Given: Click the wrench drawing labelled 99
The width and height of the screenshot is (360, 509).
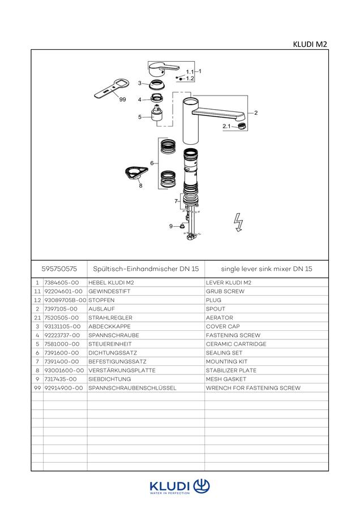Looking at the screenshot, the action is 112,89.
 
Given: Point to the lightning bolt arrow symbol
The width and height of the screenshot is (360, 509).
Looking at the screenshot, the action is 238,222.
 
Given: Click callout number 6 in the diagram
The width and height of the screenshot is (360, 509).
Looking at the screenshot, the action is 152,163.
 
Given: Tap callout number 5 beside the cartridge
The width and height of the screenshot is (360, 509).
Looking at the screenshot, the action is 140,117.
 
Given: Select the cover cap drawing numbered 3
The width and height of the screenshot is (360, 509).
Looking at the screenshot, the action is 156,85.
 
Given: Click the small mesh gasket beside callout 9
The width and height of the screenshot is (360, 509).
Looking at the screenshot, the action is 182,225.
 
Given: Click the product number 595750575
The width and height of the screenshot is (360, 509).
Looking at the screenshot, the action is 59,269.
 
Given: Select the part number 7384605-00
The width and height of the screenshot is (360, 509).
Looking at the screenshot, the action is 61,282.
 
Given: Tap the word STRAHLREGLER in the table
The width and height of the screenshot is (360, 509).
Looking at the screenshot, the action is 110,317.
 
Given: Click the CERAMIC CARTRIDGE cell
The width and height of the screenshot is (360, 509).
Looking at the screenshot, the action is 236,344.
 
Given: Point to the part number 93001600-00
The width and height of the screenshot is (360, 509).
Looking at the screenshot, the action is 64,370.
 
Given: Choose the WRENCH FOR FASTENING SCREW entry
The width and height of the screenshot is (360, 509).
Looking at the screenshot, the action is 253,387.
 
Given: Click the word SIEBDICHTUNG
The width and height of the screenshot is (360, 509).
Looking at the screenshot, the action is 109,379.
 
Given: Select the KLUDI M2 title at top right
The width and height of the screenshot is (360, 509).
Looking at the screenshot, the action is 310,45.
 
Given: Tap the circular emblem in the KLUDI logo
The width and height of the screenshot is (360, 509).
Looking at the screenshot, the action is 202,486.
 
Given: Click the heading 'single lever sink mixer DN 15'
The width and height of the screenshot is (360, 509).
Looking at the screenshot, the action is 267,269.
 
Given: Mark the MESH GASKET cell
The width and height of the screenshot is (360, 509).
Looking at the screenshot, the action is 226,379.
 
